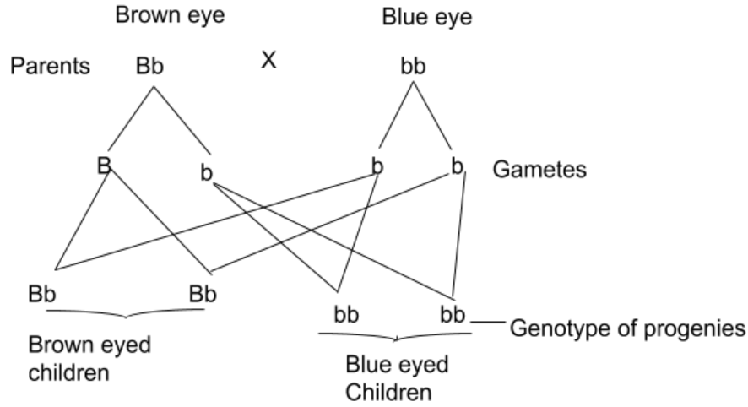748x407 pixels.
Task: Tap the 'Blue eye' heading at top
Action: (x=415, y=15)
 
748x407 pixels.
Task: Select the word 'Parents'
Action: (x=50, y=67)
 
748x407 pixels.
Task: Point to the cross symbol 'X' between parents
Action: (x=268, y=61)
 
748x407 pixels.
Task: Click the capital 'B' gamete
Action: (x=104, y=166)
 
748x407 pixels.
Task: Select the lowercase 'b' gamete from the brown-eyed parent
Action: (x=205, y=174)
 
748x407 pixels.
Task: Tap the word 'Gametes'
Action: (x=539, y=170)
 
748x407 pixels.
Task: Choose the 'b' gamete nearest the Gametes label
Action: (x=457, y=166)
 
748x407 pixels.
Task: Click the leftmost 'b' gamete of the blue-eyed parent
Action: (x=377, y=166)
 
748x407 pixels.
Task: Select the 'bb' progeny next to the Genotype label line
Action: (x=453, y=315)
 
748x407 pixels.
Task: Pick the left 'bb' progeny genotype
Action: (x=344, y=315)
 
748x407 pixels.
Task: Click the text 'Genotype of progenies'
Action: (x=627, y=328)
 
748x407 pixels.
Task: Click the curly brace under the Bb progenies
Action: (x=125, y=313)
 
